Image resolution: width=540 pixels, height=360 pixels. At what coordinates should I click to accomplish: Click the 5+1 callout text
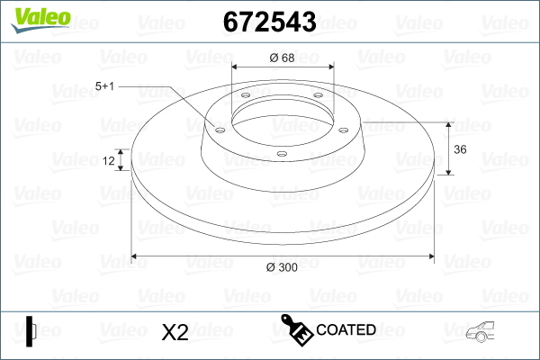[105, 86]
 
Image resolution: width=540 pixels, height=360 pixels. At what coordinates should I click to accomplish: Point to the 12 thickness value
[109, 161]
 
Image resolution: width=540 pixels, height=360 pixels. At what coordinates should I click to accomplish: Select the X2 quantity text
[174, 332]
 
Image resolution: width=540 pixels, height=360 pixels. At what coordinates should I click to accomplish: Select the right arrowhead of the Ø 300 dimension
[428, 257]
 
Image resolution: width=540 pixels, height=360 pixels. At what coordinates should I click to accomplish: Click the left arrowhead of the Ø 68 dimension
[237, 68]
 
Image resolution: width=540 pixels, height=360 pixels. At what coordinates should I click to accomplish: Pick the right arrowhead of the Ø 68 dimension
[329, 68]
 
